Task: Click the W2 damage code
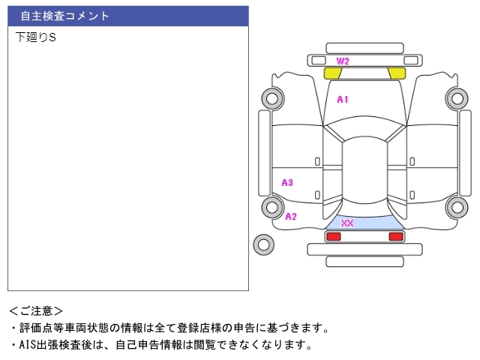tap(343, 61)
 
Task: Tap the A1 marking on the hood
tap(342, 99)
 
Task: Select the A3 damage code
tap(287, 182)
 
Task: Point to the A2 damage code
tap(291, 216)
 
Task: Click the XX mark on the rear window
tap(347, 223)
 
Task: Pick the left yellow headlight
tap(332, 73)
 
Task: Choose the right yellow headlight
tap(397, 73)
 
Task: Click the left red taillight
tap(333, 236)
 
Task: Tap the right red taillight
tap(395, 236)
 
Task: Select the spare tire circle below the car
tap(263, 243)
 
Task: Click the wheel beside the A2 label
tap(271, 207)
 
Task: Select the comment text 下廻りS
tap(35, 37)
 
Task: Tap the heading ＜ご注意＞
tap(36, 310)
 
